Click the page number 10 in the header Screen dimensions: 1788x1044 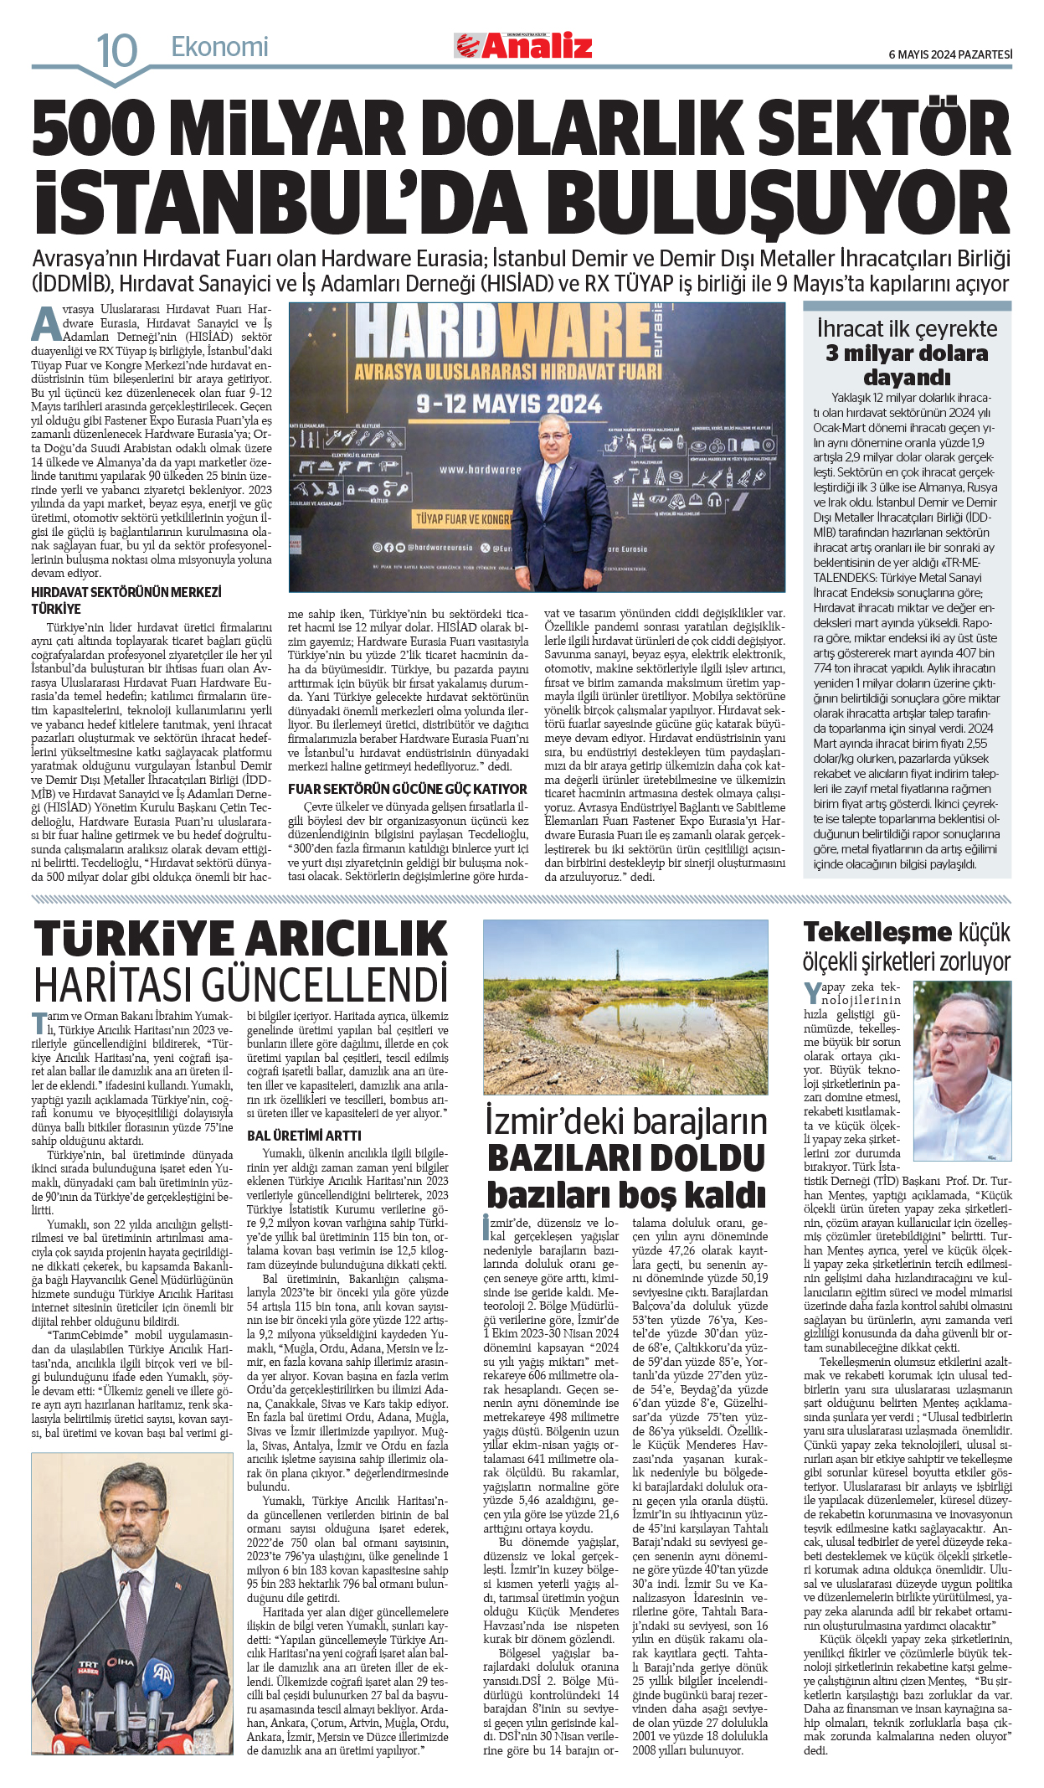[116, 51]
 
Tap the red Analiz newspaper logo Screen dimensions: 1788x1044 [524, 45]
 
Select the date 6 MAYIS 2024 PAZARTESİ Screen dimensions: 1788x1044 [949, 54]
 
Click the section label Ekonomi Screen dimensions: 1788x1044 [219, 47]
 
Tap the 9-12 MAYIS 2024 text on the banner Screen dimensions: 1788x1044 [509, 404]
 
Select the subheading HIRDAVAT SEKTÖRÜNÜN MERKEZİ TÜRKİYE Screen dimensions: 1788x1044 [126, 600]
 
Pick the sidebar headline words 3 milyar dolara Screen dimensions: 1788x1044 [907, 353]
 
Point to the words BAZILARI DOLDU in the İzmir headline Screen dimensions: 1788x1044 [625, 1158]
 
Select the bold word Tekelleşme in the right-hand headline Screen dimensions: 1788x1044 [877, 932]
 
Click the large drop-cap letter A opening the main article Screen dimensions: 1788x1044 [46, 324]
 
